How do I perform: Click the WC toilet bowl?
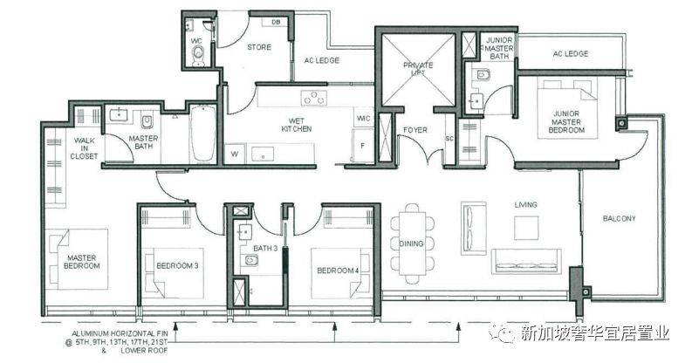[x=199, y=53]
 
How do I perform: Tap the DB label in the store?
[x=276, y=22]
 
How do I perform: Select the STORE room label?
[x=259, y=47]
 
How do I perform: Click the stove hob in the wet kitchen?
[x=314, y=98]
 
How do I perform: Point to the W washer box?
[x=235, y=154]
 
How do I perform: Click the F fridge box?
[x=363, y=146]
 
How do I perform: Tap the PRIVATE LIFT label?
[x=418, y=69]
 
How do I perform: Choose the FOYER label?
[x=415, y=130]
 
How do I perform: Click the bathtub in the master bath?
[x=203, y=134]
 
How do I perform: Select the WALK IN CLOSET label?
[x=84, y=148]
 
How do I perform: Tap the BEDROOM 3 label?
[x=177, y=266]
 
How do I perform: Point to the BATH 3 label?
[x=265, y=249]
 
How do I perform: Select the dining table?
[x=413, y=243]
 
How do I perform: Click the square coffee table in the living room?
[x=526, y=228]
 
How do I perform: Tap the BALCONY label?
[x=620, y=218]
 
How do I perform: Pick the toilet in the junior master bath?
[x=482, y=76]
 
